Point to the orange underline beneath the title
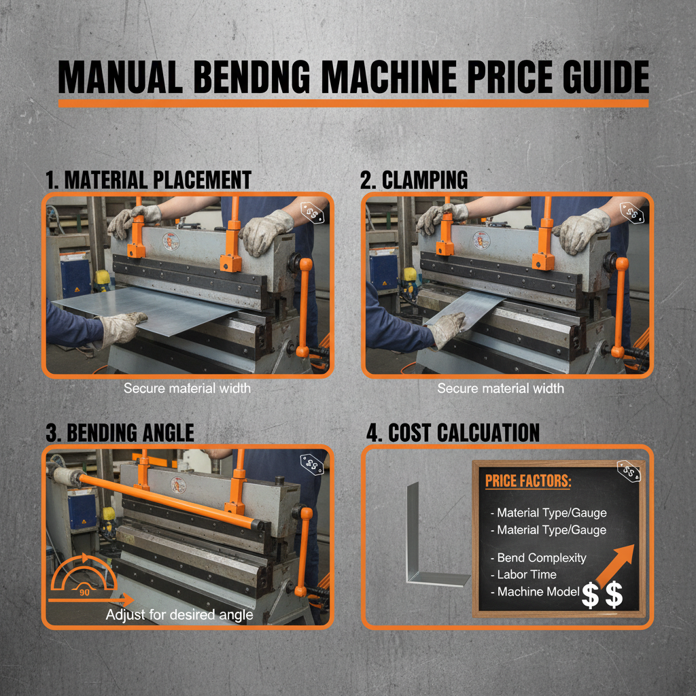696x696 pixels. point(353,103)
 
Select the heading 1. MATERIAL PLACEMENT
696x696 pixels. point(148,180)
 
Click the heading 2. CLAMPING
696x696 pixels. point(414,180)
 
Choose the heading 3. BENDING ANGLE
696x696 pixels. point(120,433)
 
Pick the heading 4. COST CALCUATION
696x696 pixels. point(450,433)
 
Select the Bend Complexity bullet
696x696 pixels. point(541,557)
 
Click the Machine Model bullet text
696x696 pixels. point(538,591)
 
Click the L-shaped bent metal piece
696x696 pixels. point(428,544)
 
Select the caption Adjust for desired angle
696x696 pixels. point(179,615)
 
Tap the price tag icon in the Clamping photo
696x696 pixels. point(633,215)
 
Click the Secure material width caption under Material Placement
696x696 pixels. point(187,389)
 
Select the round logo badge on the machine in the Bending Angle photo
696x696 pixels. point(178,485)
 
